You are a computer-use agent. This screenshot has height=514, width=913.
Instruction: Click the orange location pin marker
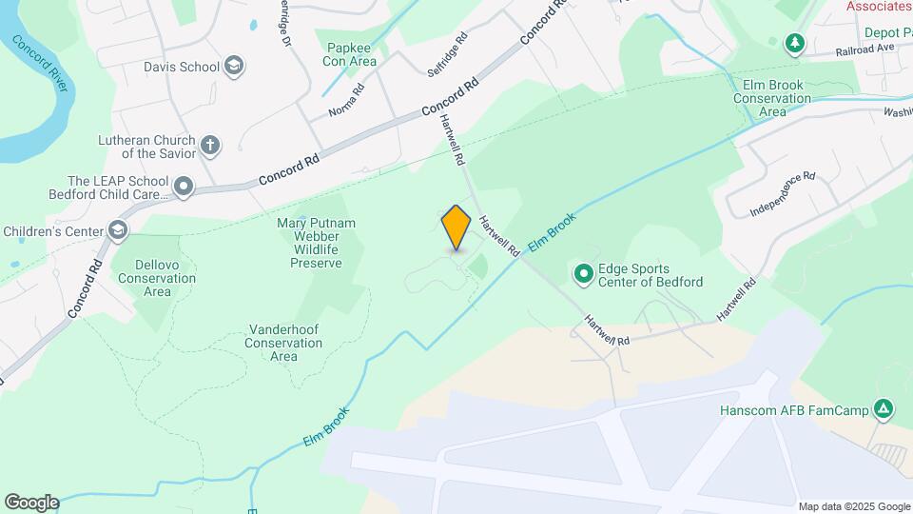pyautogui.click(x=456, y=227)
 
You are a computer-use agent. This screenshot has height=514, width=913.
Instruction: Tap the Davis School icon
pyautogui.click(x=234, y=67)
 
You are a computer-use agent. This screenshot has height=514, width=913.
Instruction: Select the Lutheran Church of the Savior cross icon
pyautogui.click(x=210, y=146)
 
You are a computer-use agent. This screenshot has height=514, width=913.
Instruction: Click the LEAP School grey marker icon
pyautogui.click(x=184, y=187)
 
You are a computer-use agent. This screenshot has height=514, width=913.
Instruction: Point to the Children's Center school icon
pyautogui.click(x=117, y=230)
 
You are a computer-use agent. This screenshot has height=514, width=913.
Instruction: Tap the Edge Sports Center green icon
pyautogui.click(x=583, y=275)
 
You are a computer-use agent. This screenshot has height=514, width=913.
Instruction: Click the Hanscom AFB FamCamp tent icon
pyautogui.click(x=884, y=410)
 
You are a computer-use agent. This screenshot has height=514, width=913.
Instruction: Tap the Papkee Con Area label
pyautogui.click(x=352, y=54)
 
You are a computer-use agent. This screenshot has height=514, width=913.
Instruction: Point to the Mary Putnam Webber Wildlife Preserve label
pyautogui.click(x=308, y=243)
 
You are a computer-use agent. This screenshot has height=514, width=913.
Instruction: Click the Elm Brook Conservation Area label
pyautogui.click(x=773, y=98)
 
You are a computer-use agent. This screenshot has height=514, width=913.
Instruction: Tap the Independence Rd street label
pyautogui.click(x=783, y=192)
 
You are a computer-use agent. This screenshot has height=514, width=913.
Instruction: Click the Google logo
pyautogui.click(x=31, y=503)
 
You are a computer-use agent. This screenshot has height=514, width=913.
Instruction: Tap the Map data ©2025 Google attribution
pyautogui.click(x=854, y=506)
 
